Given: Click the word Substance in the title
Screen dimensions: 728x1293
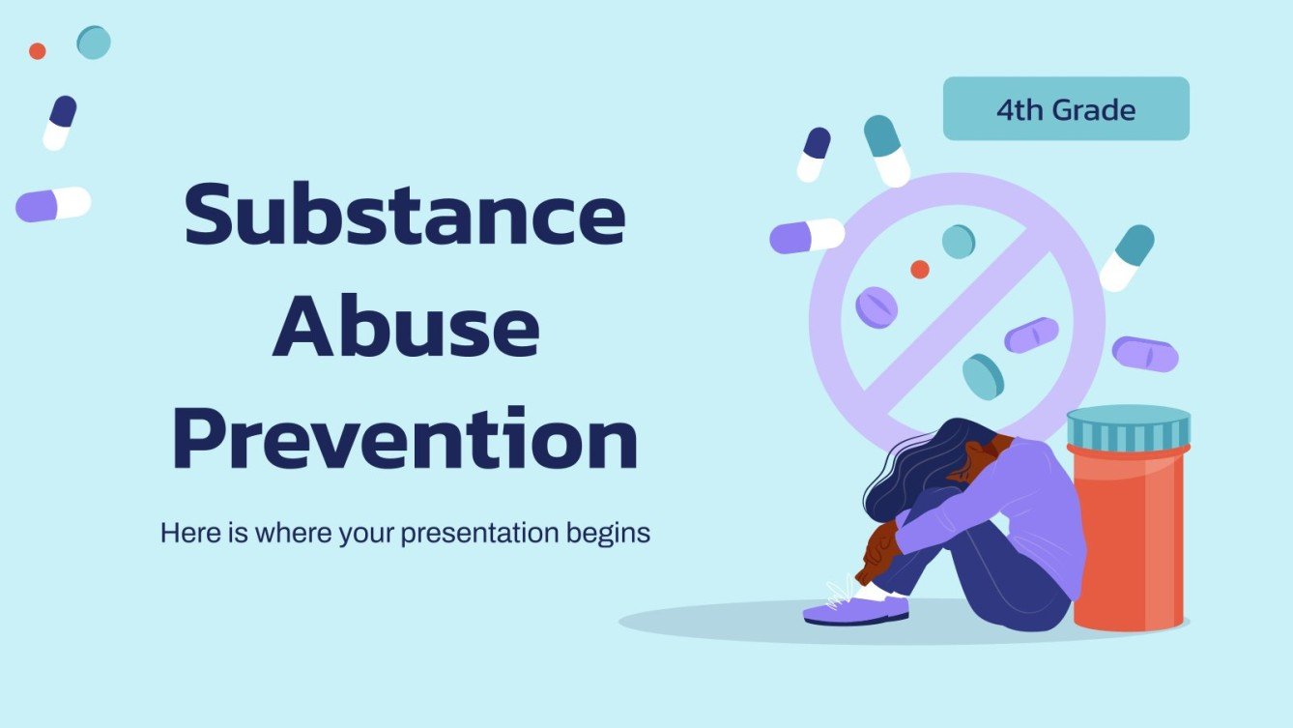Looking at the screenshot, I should (404, 218).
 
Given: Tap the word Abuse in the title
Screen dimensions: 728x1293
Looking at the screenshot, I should (405, 328).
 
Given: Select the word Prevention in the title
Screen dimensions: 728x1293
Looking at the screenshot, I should (405, 440).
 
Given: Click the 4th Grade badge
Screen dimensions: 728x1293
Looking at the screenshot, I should (1066, 109).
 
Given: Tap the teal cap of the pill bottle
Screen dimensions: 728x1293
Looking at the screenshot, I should (1128, 425).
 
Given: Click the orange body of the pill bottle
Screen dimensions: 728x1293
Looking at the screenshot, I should (1128, 541).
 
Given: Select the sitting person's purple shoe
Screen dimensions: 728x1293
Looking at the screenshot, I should (855, 610).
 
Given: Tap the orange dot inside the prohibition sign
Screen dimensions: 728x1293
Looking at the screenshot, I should (920, 270).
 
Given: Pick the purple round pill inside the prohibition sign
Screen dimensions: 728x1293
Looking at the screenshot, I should (876, 306).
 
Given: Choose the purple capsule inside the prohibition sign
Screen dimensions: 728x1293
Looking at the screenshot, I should (1031, 335).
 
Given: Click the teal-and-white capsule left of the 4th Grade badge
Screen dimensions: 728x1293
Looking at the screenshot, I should (887, 151).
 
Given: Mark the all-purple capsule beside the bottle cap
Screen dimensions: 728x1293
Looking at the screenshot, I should (1145, 354).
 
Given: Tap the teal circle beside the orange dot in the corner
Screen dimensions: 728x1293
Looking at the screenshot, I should (94, 43).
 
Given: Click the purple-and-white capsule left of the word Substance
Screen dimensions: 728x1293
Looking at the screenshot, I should (53, 204).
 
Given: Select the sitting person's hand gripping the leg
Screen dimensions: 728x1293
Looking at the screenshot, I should (879, 546).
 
